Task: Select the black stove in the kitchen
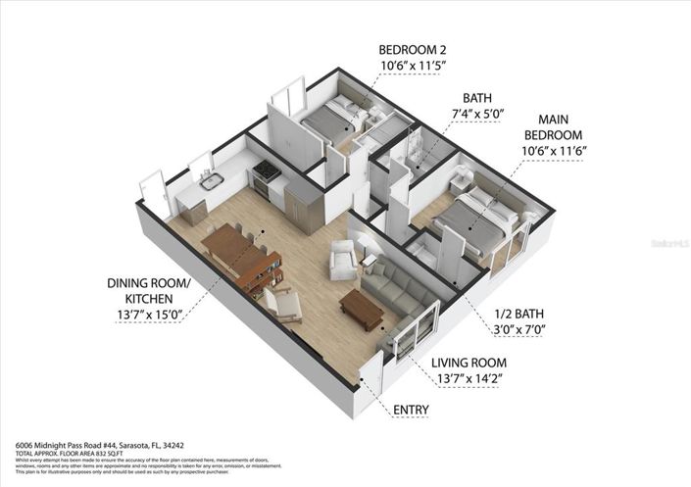point(267,176)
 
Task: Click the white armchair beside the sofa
point(343,261)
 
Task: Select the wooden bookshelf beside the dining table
point(266,273)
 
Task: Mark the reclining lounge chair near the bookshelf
point(286,308)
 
